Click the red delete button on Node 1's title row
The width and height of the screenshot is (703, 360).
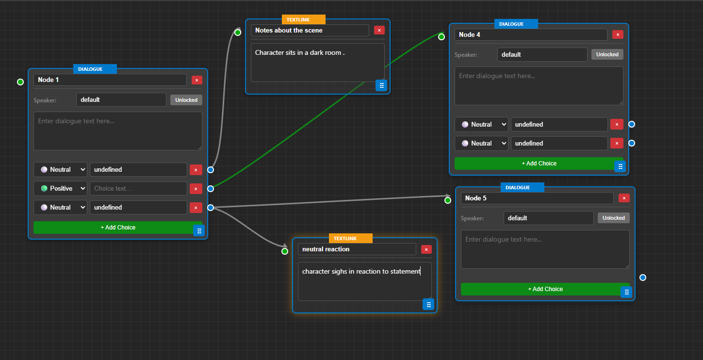(x=196, y=80)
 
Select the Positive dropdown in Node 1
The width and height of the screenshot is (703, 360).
(x=60, y=188)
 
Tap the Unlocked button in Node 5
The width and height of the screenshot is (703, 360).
(x=613, y=218)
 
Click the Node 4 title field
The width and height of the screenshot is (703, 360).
(x=530, y=35)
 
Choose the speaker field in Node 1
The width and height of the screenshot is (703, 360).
(x=121, y=100)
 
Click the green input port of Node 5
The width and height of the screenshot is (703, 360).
(x=448, y=200)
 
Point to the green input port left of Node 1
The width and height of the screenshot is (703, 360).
(x=20, y=82)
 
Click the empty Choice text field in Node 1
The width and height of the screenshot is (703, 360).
(x=138, y=188)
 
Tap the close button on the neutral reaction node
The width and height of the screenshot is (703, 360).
(x=426, y=249)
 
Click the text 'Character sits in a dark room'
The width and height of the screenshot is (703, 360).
(x=299, y=52)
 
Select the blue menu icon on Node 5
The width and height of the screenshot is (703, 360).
(x=626, y=292)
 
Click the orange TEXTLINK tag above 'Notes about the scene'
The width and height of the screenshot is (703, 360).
(x=303, y=20)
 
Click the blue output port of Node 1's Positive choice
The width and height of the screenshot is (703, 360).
(x=211, y=189)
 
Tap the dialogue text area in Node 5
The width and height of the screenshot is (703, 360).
(x=545, y=249)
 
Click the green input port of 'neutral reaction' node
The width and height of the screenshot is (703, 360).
(x=285, y=251)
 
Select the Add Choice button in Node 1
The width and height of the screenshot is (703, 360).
(x=118, y=228)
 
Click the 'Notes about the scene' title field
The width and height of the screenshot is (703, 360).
(x=310, y=30)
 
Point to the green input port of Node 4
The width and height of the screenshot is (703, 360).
(x=441, y=36)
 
